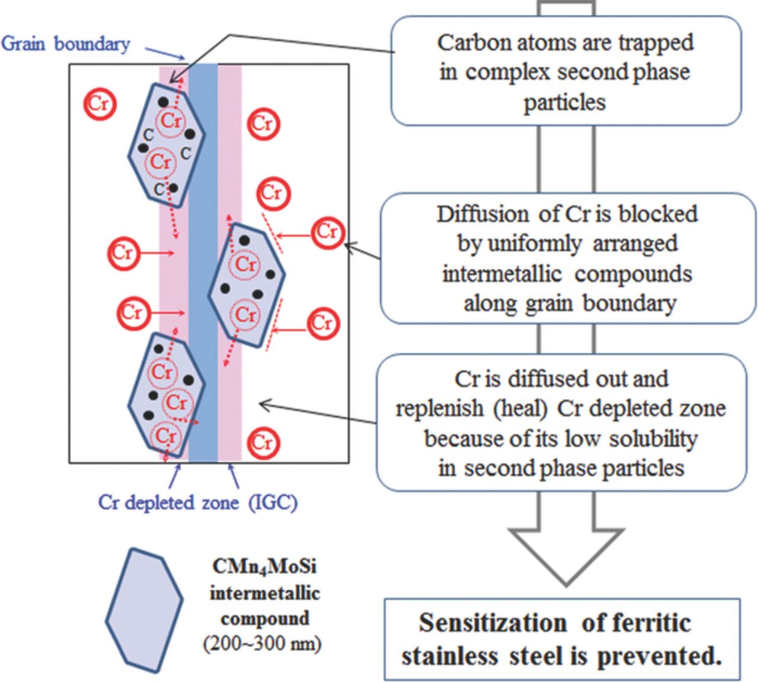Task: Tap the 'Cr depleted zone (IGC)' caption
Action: (x=198, y=503)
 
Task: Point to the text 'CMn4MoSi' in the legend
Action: (x=264, y=567)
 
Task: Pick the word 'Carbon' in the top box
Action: (x=466, y=43)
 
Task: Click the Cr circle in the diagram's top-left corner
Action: (x=99, y=103)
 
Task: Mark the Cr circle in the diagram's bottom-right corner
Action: (x=262, y=442)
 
